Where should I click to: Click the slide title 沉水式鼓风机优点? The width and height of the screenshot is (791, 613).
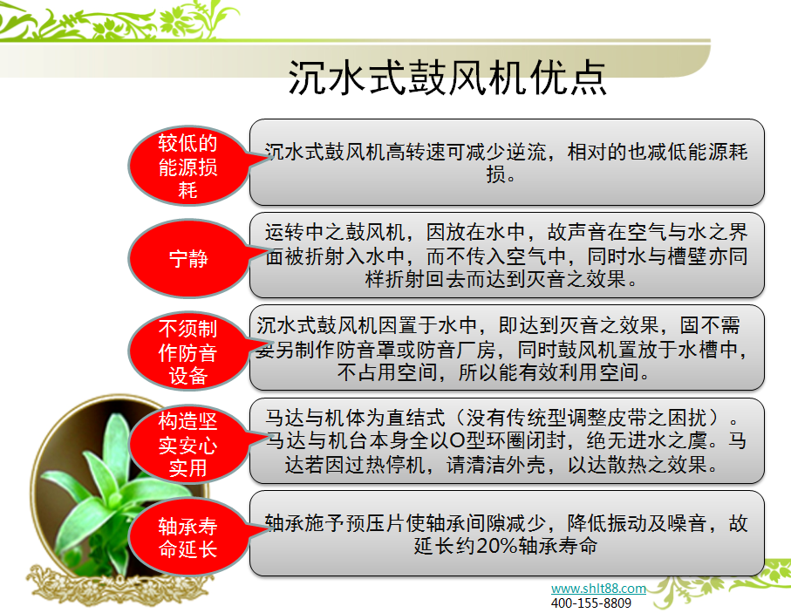pos(447,78)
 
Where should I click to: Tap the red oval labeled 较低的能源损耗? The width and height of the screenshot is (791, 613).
pos(188,166)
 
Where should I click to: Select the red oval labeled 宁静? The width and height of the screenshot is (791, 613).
pos(188,259)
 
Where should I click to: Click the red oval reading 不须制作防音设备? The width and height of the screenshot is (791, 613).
pos(188,352)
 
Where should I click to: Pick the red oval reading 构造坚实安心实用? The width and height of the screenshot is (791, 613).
pos(188,446)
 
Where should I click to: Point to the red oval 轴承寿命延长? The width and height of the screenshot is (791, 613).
pos(188,538)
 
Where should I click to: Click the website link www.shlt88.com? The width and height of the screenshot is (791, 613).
pos(598,589)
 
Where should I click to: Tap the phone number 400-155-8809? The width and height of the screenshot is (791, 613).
pos(591,603)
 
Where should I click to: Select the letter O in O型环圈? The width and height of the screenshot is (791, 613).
pos(433,441)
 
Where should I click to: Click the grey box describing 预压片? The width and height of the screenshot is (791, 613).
pos(507,533)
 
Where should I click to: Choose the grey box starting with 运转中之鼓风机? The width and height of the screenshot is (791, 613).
pos(507,255)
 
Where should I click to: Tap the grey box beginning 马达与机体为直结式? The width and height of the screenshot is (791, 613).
pos(507,440)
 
